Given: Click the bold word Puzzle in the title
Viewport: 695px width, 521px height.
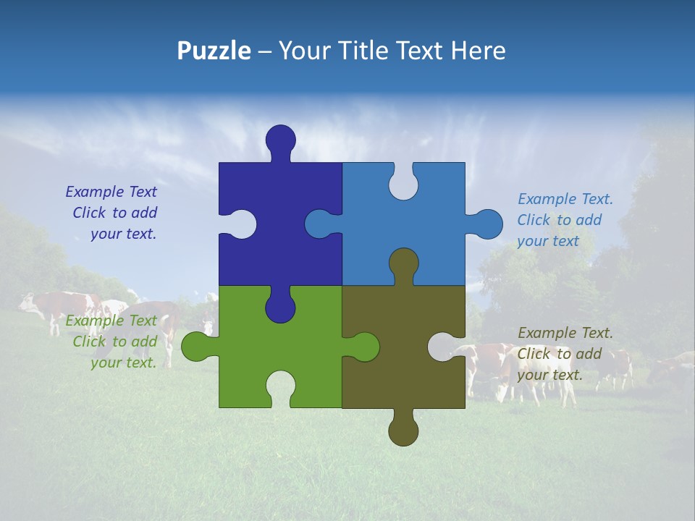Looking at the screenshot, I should click(x=214, y=51).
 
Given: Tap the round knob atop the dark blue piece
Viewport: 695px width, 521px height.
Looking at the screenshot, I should click(x=280, y=139).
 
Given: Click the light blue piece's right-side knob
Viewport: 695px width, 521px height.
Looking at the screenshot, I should click(x=488, y=224).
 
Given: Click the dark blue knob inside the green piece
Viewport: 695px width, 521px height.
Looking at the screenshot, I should click(x=280, y=308).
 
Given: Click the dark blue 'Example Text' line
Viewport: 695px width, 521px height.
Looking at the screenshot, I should click(x=111, y=192).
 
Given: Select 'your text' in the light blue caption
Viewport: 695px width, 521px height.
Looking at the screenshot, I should click(x=548, y=241).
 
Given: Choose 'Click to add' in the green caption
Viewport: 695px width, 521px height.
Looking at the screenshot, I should click(x=114, y=342).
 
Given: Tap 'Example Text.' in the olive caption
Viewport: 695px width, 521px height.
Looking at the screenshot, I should click(x=565, y=333).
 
